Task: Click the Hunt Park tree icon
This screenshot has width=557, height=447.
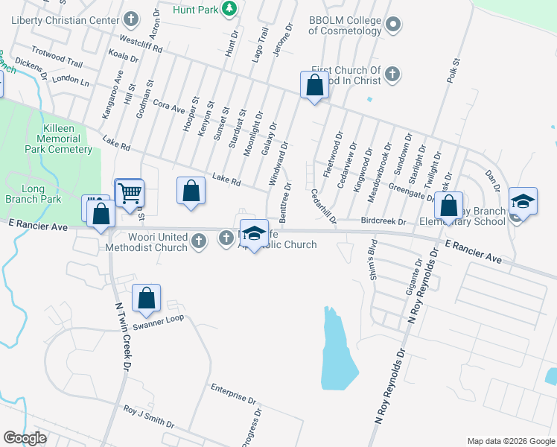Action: pyautogui.click(x=230, y=9)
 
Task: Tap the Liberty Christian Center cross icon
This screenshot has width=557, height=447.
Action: pyautogui.click(x=132, y=18)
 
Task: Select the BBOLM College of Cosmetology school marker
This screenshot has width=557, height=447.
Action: pyautogui.click(x=393, y=25)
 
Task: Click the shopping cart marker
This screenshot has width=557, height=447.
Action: pyautogui.click(x=130, y=193)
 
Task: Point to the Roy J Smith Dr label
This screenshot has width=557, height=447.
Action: pyautogui.click(x=149, y=417)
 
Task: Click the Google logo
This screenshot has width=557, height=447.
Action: pyautogui.click(x=25, y=437)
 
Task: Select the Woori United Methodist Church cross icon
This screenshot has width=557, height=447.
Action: pyautogui.click(x=197, y=240)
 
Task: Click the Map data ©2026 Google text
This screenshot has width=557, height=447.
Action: pyautogui.click(x=511, y=440)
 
